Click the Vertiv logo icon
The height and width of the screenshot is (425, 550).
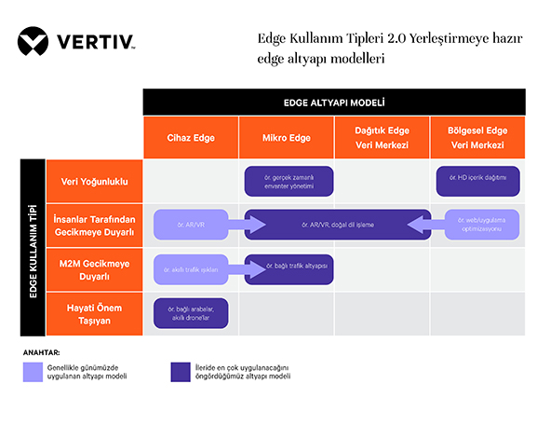click(36, 42)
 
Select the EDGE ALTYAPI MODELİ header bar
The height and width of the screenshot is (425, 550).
click(333, 102)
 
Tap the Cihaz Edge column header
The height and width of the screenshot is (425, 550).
click(191, 138)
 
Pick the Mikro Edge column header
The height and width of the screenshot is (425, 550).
click(287, 138)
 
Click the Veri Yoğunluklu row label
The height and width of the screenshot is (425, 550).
click(94, 181)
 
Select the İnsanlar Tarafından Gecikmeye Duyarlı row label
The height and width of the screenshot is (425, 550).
click(94, 225)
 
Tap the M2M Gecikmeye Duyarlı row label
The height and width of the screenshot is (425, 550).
click(94, 269)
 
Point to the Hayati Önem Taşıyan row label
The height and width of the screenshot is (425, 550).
click(94, 314)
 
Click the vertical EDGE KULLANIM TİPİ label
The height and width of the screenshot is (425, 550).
click(33, 247)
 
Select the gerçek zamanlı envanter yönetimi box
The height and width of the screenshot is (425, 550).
click(288, 181)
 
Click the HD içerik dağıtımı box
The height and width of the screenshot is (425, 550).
click(477, 181)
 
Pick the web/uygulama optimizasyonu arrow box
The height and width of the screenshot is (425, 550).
click(477, 225)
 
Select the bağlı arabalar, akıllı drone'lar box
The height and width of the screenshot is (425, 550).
click(192, 314)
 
